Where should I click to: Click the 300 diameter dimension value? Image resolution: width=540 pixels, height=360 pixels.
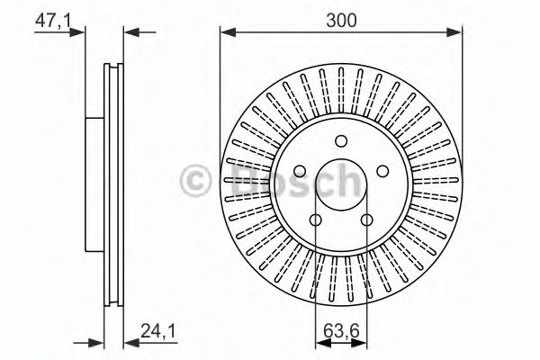click(x=341, y=21)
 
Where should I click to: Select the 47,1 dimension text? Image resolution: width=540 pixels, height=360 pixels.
click(x=53, y=21)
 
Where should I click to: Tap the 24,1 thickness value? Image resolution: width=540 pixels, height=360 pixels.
click(x=158, y=331)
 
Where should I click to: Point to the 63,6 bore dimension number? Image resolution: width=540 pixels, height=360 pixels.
click(x=341, y=331)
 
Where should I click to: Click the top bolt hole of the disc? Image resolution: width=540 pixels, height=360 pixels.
click(x=341, y=140)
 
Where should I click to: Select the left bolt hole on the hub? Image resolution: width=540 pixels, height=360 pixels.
click(x=300, y=171)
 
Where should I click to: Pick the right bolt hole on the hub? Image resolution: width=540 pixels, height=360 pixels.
click(x=383, y=171)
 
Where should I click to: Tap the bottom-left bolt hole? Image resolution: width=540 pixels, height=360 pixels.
click(x=316, y=220)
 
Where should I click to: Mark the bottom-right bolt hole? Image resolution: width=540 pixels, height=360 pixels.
click(x=367, y=220)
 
